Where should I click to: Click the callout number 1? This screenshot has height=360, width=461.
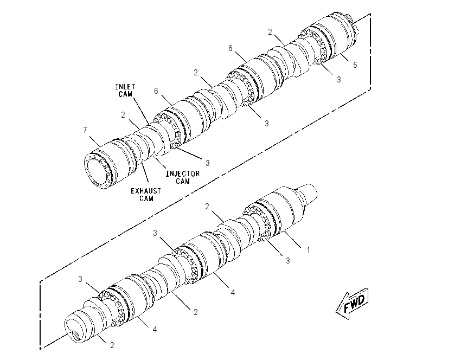click(x=309, y=250)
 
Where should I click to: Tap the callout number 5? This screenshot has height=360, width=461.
click(x=355, y=65)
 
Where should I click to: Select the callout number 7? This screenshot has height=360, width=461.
click(x=85, y=130)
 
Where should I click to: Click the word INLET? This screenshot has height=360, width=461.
click(x=125, y=87)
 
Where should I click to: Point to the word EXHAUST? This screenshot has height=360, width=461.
click(x=146, y=191)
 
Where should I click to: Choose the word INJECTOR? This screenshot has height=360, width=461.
click(x=183, y=173)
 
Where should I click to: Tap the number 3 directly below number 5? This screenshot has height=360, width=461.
click(x=338, y=79)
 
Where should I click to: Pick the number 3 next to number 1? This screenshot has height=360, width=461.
click(x=287, y=260)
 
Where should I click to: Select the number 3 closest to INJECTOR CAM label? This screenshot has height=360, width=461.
click(x=208, y=163)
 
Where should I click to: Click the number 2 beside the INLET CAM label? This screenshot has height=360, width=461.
click(x=123, y=115)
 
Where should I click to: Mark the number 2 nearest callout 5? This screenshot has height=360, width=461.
click(x=270, y=32)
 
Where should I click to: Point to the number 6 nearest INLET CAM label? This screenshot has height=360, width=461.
click(x=156, y=91)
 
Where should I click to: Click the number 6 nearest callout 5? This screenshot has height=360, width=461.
click(x=230, y=48)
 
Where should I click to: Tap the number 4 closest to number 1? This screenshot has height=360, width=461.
click(x=233, y=292)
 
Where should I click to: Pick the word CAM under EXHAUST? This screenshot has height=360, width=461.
click(x=146, y=198)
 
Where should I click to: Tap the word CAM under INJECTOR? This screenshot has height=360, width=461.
click(x=183, y=181)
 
